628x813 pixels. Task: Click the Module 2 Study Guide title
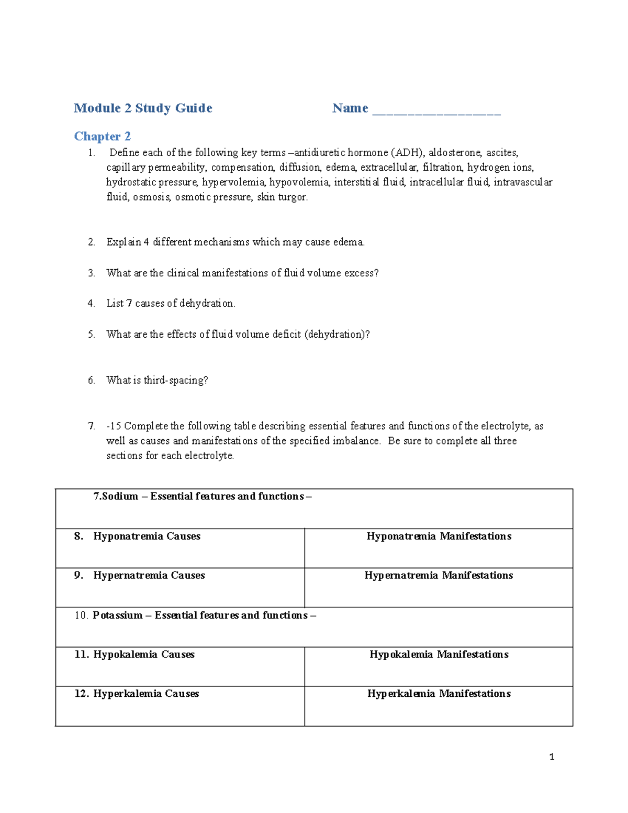[143, 108]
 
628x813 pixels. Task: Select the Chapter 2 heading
[102, 137]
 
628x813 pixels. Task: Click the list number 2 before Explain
[92, 242]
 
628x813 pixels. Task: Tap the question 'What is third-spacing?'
[157, 381]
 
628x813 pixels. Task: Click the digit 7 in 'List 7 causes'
[129, 304]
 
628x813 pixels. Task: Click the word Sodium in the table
[120, 496]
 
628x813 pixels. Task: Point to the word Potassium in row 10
[118, 616]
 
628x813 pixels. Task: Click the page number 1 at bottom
[552, 757]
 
